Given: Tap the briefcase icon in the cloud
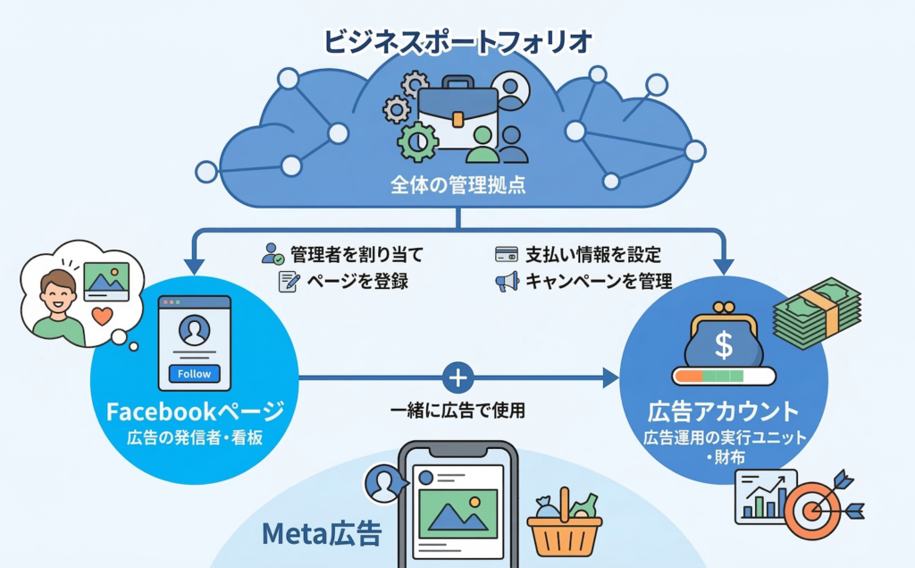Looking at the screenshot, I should coord(457,117).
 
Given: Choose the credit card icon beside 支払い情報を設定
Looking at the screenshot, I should coord(507,254).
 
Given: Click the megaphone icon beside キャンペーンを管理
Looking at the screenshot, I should coord(507,282).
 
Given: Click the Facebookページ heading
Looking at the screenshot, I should coord(195,411).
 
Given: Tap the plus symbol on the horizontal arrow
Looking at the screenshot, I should coord(457,377).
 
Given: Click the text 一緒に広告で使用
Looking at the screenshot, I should coord(457,411).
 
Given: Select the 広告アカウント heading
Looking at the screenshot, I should coord(723,412).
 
